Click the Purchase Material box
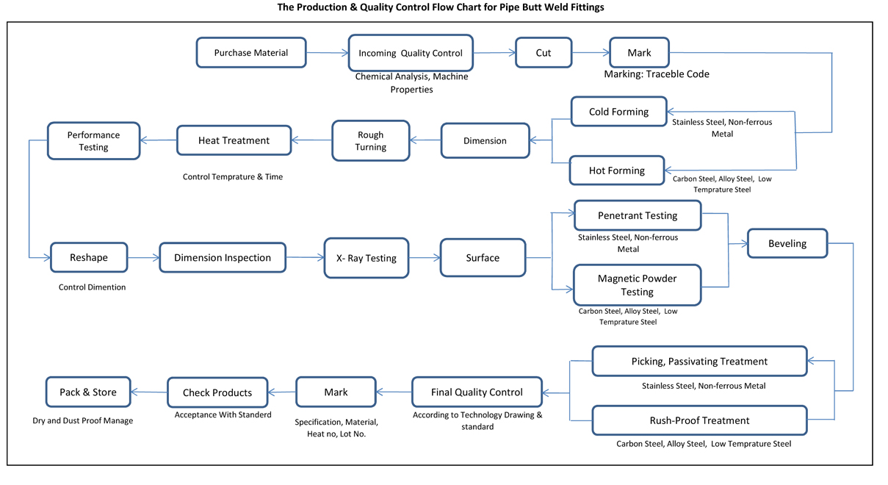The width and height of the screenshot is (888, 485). (x=251, y=53)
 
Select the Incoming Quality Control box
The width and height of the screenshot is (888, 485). (x=411, y=53)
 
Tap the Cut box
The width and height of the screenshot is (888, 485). (x=544, y=53)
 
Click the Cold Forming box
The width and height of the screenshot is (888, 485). (x=619, y=112)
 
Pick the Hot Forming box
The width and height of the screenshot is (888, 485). (x=617, y=170)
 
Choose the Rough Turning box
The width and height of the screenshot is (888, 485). (x=371, y=141)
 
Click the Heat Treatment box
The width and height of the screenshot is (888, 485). (x=234, y=140)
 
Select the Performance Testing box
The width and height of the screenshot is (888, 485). (x=93, y=141)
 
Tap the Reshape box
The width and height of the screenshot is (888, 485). (x=89, y=257)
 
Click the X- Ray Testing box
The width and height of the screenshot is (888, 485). (x=367, y=258)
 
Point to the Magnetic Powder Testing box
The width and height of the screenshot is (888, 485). (x=637, y=285)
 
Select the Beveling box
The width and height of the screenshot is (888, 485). (x=787, y=243)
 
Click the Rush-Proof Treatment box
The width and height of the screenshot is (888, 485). (x=700, y=420)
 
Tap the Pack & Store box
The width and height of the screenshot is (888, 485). (x=88, y=392)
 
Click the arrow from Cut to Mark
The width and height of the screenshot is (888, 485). (x=591, y=52)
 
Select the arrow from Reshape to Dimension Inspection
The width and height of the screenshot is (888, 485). (x=143, y=258)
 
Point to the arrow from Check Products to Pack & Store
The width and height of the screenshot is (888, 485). (x=149, y=392)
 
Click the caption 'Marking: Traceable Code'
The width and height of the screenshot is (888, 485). (x=657, y=74)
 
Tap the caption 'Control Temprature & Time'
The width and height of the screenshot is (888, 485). (x=233, y=177)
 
